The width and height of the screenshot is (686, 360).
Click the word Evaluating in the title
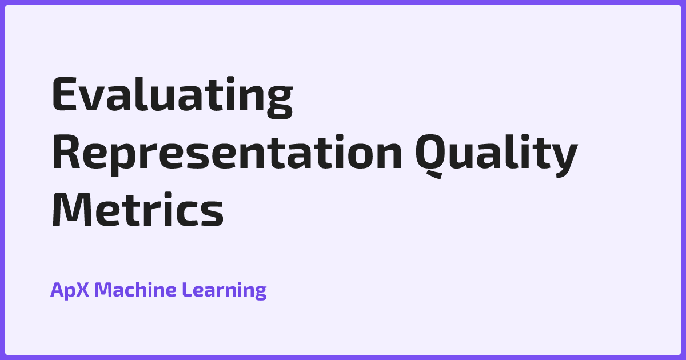click(x=173, y=97)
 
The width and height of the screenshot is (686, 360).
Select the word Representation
click(x=227, y=155)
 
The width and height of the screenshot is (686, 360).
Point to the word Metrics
click(x=138, y=210)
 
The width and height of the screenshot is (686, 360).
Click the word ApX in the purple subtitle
click(x=70, y=290)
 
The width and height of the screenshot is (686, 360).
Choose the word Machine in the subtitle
click(x=135, y=289)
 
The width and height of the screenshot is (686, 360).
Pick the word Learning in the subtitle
click(x=224, y=290)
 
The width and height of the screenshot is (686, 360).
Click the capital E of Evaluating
click(x=64, y=94)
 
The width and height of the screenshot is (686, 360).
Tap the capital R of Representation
click(x=66, y=151)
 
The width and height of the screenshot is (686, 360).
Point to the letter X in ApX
click(x=81, y=289)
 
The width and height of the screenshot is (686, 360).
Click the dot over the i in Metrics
click(x=169, y=195)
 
